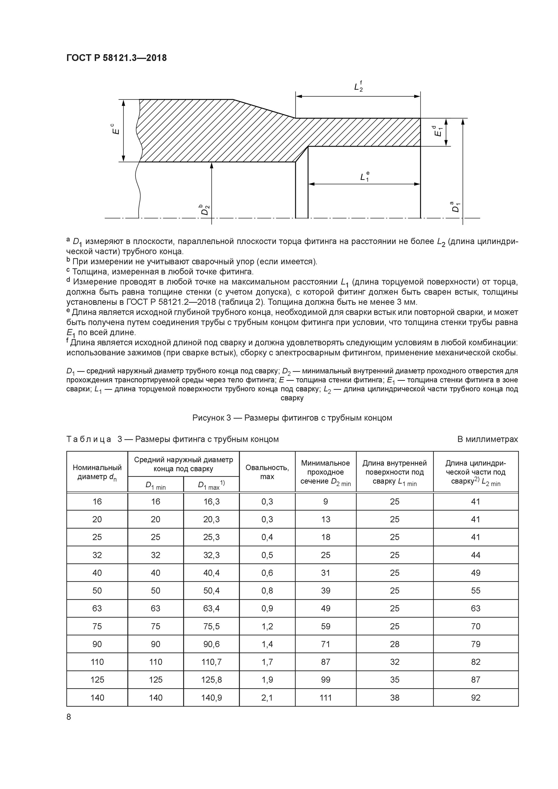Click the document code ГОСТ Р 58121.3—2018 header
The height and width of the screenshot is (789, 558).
click(x=116, y=58)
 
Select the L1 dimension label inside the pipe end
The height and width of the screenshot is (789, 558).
click(x=364, y=177)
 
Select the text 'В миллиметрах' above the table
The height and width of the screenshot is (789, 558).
click(x=487, y=439)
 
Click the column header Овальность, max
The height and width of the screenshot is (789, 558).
click(x=267, y=472)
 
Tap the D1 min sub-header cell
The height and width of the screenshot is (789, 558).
click(x=155, y=485)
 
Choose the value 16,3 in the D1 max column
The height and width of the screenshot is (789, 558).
click(x=211, y=502)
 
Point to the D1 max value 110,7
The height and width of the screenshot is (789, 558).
click(x=211, y=662)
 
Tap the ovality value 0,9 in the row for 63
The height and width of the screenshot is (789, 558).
click(x=267, y=609)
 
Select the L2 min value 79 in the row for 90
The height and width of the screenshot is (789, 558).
click(x=475, y=644)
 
